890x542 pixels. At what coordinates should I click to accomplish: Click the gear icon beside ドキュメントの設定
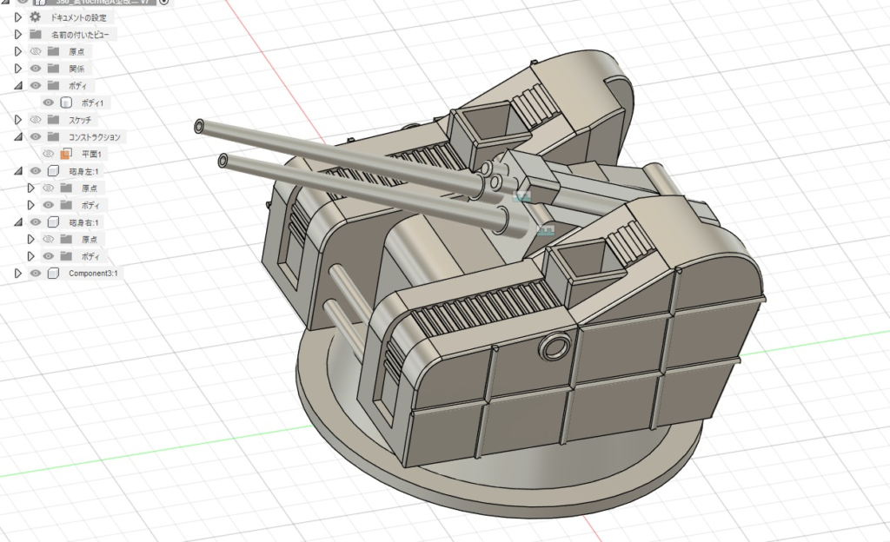36,17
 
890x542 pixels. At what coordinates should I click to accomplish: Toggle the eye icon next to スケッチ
36,120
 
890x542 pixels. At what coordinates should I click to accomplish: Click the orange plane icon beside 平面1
65,154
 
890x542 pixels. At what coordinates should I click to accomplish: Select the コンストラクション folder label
95,137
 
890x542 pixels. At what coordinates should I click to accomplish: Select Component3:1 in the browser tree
95,274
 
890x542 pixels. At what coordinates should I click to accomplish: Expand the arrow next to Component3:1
18,274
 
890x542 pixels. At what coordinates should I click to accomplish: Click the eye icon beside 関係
36,69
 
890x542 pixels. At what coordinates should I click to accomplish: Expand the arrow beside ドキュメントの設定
18,17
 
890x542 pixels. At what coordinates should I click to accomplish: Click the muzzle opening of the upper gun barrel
201,126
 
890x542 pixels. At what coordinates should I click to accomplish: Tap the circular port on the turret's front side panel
553,348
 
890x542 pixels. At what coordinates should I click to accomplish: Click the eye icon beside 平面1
49,154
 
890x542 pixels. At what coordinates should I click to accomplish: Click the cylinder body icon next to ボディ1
66,102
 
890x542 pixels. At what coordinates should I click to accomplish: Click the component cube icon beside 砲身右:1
53,222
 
